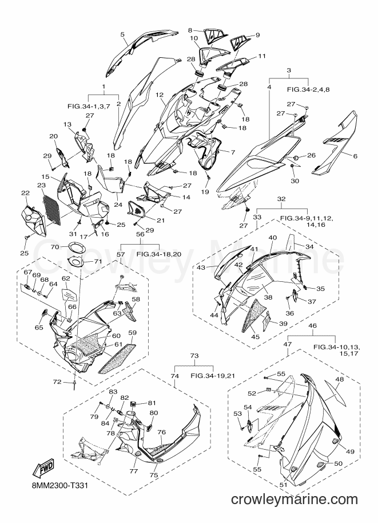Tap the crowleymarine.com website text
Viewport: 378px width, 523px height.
[294, 500]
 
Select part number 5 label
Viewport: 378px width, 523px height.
[122, 34]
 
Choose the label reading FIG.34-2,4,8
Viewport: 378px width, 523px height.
[308, 90]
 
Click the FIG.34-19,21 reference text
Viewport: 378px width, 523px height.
[213, 375]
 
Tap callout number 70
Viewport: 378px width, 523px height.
[55, 247]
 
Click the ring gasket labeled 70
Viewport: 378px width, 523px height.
[76, 249]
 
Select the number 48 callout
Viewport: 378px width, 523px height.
[339, 379]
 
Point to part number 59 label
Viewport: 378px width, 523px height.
[132, 333]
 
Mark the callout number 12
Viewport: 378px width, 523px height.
[160, 95]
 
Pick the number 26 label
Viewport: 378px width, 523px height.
[311, 155]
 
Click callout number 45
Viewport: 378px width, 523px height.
[255, 337]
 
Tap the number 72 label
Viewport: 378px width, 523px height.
[57, 382]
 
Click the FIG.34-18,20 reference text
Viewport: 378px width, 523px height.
[159, 254]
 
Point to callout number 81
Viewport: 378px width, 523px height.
[152, 403]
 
